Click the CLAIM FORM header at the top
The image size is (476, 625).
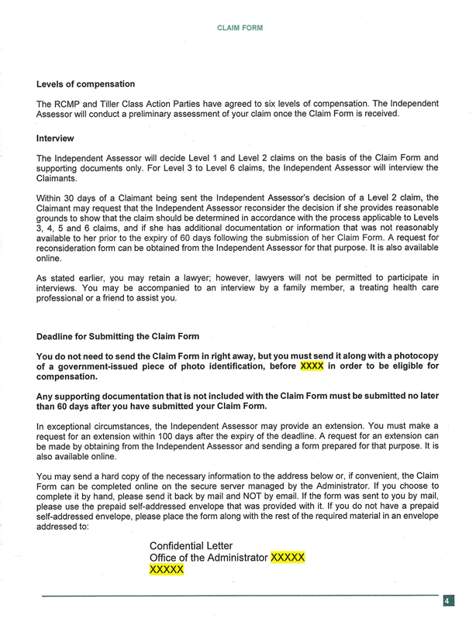[x=239, y=27]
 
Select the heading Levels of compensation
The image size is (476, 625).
[x=85, y=84]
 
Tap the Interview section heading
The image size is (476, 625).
[x=55, y=139]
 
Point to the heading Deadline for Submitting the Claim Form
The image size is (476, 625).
[x=118, y=336]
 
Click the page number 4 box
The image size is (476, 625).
[x=449, y=601]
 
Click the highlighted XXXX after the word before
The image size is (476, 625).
[x=312, y=366]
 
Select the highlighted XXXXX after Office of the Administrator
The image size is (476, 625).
[x=288, y=558]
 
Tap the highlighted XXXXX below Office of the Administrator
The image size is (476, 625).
[x=167, y=570]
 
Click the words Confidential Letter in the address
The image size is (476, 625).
[x=191, y=545]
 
